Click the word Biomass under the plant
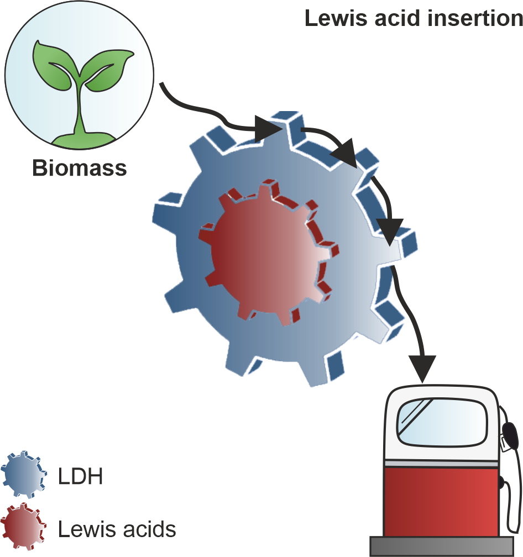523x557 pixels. point(80,167)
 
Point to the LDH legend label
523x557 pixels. point(80,476)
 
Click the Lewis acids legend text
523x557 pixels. point(117,529)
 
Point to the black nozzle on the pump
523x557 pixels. point(511,436)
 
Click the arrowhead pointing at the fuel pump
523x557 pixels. point(423,368)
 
